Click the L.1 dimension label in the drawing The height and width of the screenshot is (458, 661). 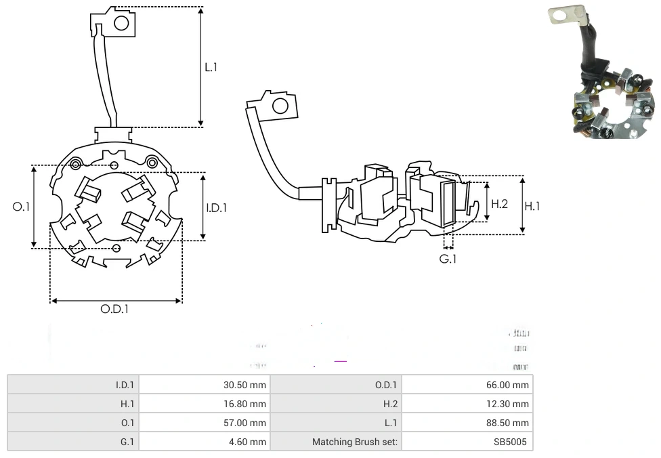pos(211,67)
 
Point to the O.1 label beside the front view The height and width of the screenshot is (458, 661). pos(22,207)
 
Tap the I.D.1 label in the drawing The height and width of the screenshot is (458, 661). pos(216,208)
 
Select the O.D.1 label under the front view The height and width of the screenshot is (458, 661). pos(114,309)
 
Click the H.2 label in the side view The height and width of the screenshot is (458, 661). pos(499,203)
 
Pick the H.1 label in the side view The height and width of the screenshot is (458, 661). pos(532,205)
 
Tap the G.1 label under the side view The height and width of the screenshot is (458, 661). pos(448,259)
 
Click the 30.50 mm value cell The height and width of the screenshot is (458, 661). pos(244,385)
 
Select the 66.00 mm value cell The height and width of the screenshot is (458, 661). pos(508,385)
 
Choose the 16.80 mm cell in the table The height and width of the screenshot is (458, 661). pos(244,404)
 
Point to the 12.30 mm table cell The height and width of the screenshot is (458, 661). pos(508,404)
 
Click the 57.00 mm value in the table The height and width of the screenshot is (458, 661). pos(244,423)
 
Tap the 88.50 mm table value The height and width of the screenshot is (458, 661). pos(508,423)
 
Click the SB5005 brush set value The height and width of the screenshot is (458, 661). pos(513,442)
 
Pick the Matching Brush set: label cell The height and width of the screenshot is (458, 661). pos(356,442)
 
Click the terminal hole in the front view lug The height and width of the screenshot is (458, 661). pos(121,23)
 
